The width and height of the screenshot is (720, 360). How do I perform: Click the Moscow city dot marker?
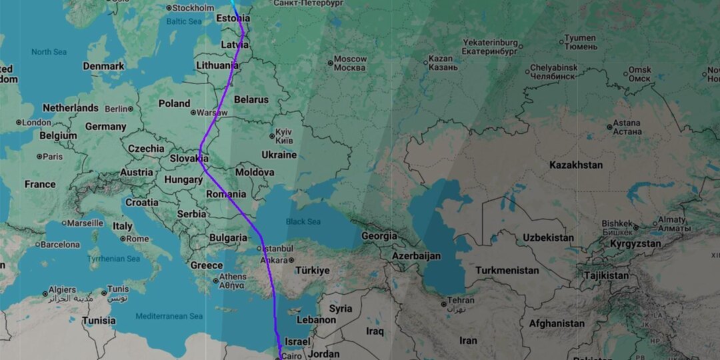pyautogui.click(x=330, y=63)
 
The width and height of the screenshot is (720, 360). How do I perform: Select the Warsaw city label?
pyautogui.click(x=212, y=113)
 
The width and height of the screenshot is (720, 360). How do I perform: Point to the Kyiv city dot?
pyautogui.click(x=271, y=136)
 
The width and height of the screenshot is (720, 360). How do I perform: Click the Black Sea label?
pyautogui.click(x=303, y=221)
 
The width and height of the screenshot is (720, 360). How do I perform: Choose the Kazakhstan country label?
pyautogui.click(x=576, y=165)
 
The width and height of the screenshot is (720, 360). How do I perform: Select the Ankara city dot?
pyautogui.click(x=291, y=260)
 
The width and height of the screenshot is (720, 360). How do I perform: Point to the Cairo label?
pyautogui.click(x=292, y=357)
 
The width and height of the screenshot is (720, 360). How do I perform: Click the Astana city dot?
pyautogui.click(x=609, y=127)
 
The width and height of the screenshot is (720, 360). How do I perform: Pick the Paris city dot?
pyautogui.click(x=39, y=157)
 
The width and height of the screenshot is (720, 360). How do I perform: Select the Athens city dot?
pyautogui.click(x=215, y=281)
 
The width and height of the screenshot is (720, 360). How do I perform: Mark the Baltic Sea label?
pyautogui.click(x=184, y=21)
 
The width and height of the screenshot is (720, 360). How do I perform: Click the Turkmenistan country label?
pyautogui.click(x=507, y=271)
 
